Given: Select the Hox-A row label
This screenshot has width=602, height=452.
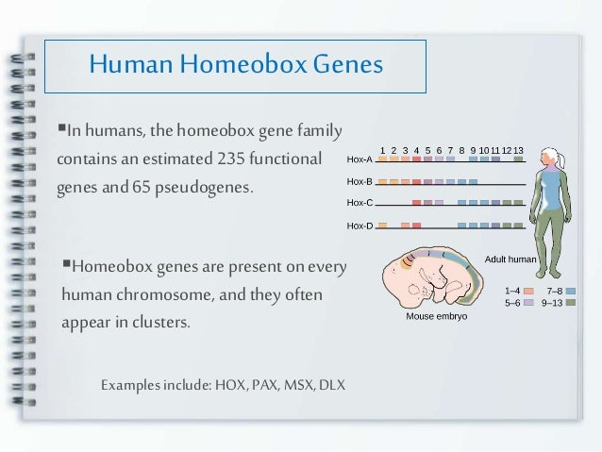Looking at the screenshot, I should tap(359, 160).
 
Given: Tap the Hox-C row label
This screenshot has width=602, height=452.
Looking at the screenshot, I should tap(359, 203).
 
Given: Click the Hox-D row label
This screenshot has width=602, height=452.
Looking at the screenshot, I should tap(359, 226).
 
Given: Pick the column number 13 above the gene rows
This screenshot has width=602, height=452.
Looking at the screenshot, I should tap(518, 150).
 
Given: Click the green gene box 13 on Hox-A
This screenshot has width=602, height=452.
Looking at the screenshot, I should tap(518, 159).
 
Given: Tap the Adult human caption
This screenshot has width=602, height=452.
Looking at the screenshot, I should tap(510, 259).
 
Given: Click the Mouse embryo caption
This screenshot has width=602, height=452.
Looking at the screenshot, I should tap(436, 317).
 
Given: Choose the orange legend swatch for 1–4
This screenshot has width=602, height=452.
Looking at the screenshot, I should tap(528, 292).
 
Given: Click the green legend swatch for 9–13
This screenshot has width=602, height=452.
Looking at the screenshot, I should tap(570, 304).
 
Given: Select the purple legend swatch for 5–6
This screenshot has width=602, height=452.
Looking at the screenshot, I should tap(528, 304).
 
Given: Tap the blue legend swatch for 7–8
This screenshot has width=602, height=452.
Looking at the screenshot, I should tap(570, 292).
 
